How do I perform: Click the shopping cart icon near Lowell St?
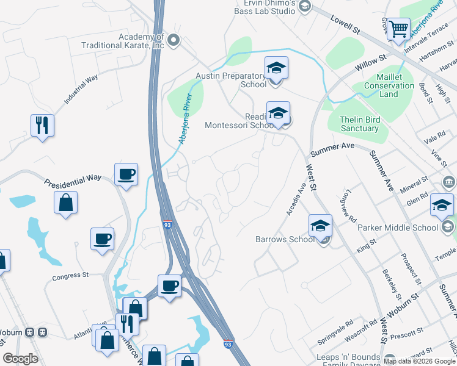398,28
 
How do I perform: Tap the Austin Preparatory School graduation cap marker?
276,68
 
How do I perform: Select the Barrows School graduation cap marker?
320,226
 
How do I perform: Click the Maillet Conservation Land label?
389,87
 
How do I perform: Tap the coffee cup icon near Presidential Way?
126,174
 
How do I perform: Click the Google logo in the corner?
20,359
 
